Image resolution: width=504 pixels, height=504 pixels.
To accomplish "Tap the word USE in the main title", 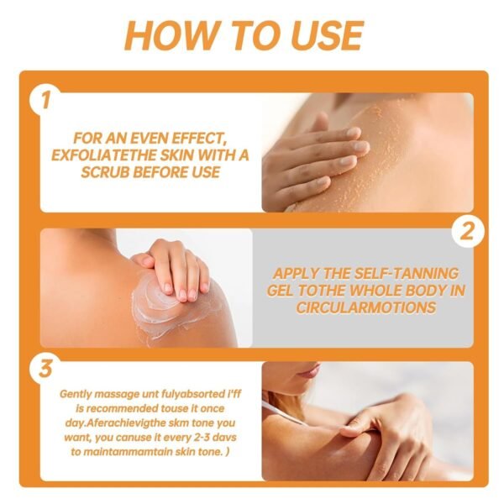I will point(323,35).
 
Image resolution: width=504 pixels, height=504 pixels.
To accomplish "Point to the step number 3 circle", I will point(44,366).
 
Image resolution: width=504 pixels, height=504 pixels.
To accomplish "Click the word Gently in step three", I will point(79,393).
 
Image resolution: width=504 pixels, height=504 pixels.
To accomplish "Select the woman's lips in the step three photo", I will point(307,370).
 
